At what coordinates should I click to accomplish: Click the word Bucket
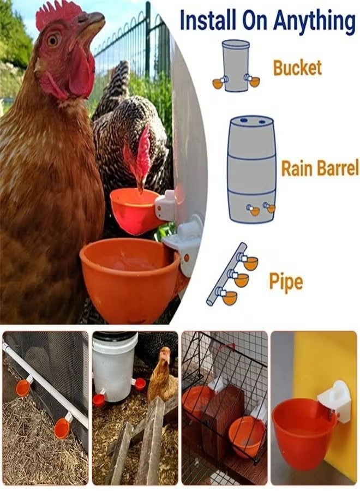(297, 68)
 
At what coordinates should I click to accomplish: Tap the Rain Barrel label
(320, 169)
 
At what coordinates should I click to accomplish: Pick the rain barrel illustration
(251, 169)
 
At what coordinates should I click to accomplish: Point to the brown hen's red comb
(57, 12)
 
